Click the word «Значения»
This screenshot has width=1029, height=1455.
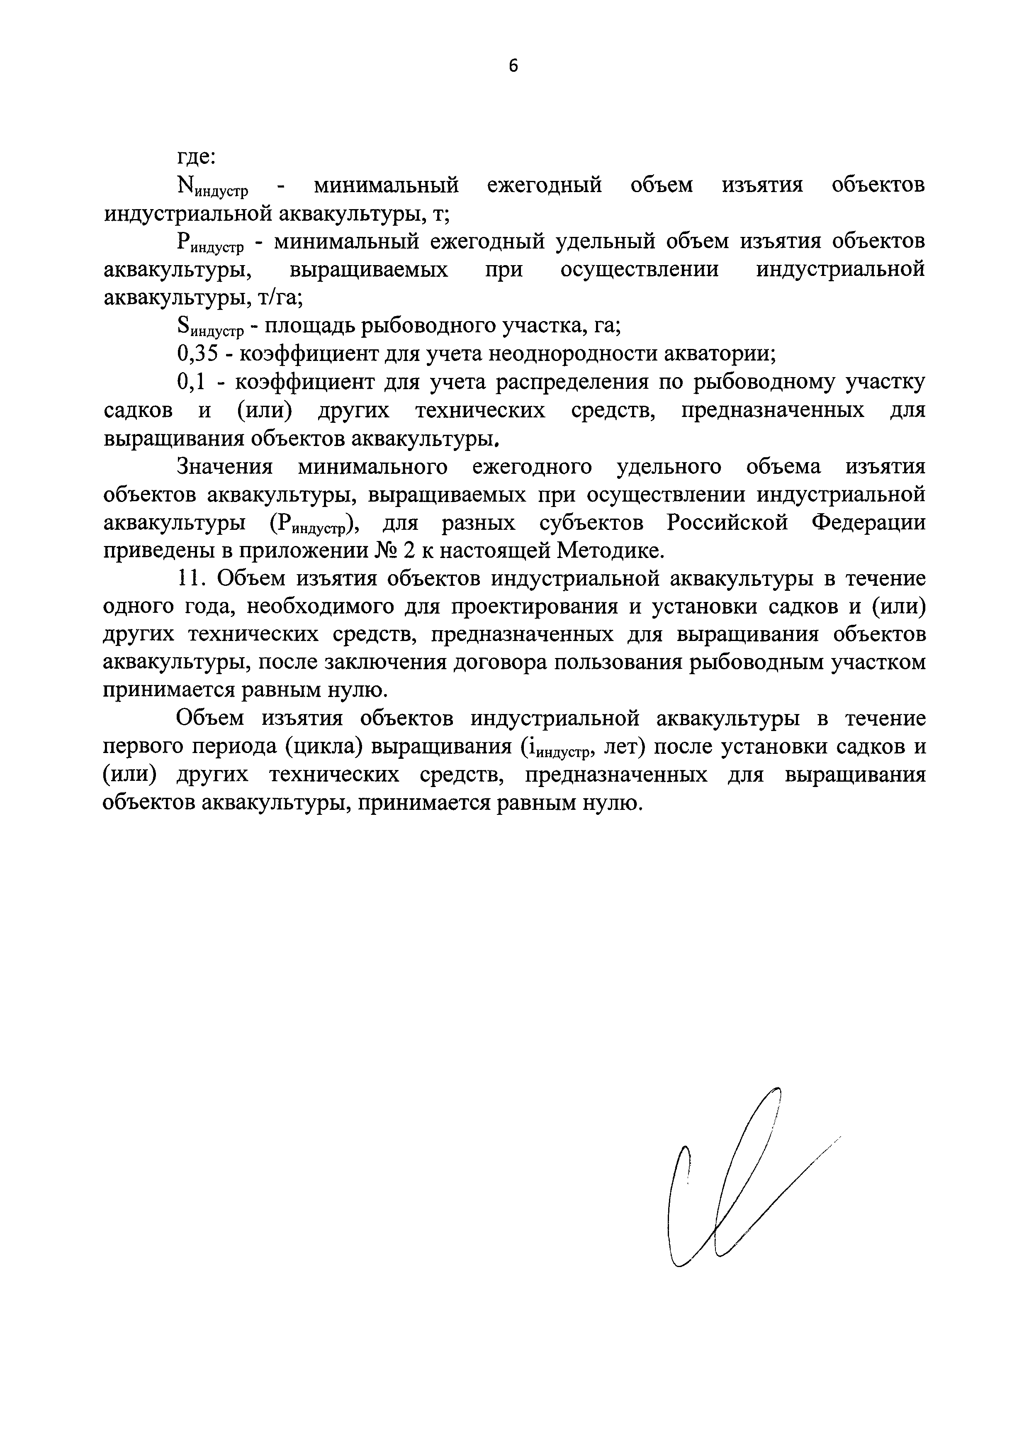225,467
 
